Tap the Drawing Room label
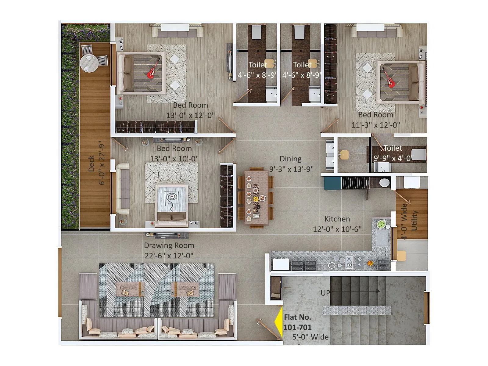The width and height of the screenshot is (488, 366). pyautogui.click(x=169, y=246)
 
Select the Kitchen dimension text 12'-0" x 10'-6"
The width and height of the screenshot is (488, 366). pyautogui.click(x=337, y=229)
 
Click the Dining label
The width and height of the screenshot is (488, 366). pyautogui.click(x=290, y=159)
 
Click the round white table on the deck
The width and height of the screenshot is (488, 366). pyautogui.click(x=89, y=63)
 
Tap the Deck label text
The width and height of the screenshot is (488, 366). pyautogui.click(x=91, y=164)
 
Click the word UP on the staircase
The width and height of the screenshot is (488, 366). pyautogui.click(x=325, y=293)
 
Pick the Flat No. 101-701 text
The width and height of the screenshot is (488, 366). pyautogui.click(x=297, y=322)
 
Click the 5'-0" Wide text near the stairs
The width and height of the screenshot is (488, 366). pyautogui.click(x=310, y=337)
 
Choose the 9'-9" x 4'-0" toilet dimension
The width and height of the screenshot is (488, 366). pyautogui.click(x=393, y=158)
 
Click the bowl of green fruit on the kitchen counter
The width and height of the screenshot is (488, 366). pyautogui.click(x=381, y=224)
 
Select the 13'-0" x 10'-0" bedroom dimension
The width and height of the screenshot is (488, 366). pyautogui.click(x=174, y=159)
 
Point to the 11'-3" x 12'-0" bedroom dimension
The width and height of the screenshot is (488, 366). pyautogui.click(x=375, y=125)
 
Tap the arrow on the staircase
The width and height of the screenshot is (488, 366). pyautogui.click(x=366, y=291)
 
